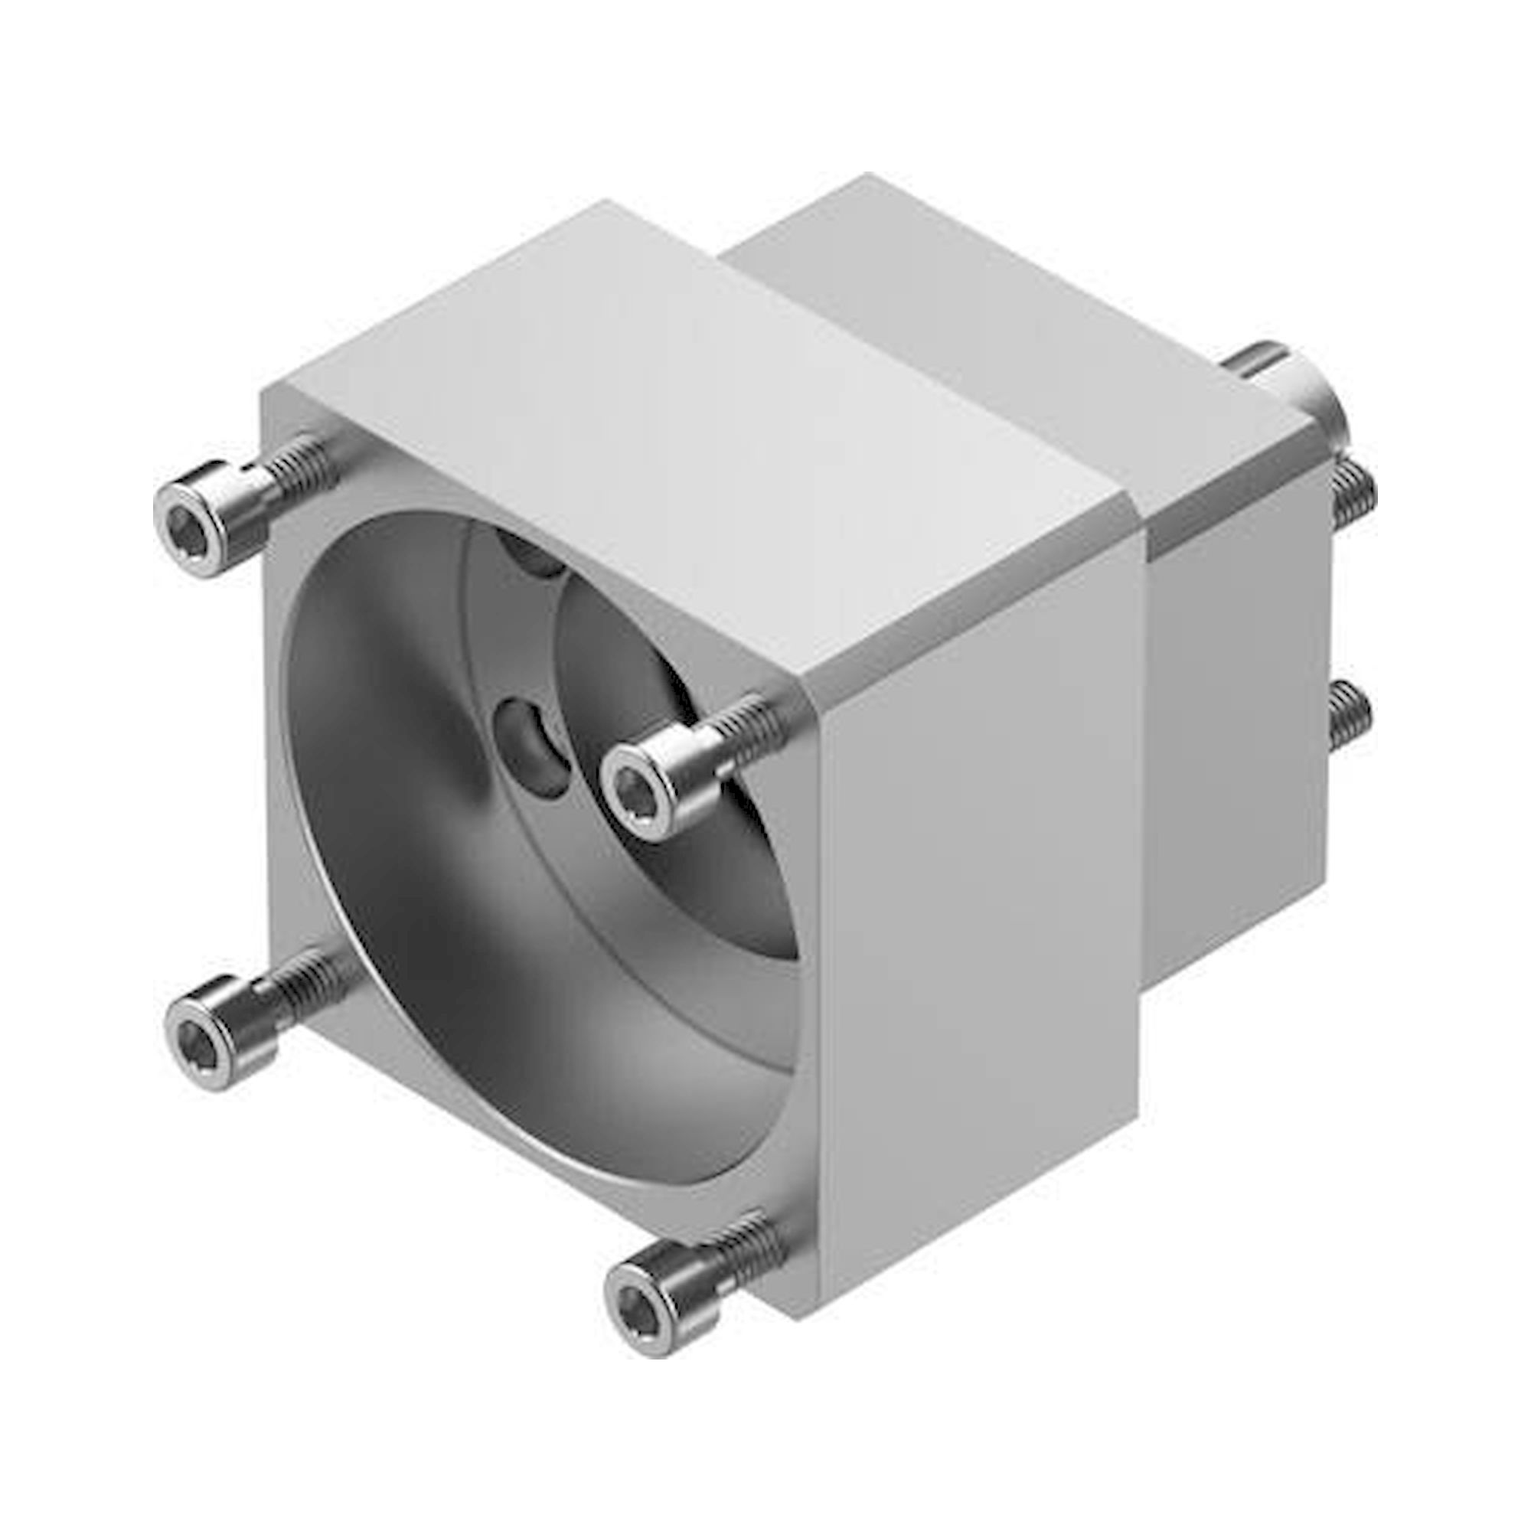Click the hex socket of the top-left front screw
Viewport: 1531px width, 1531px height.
click(x=191, y=524)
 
